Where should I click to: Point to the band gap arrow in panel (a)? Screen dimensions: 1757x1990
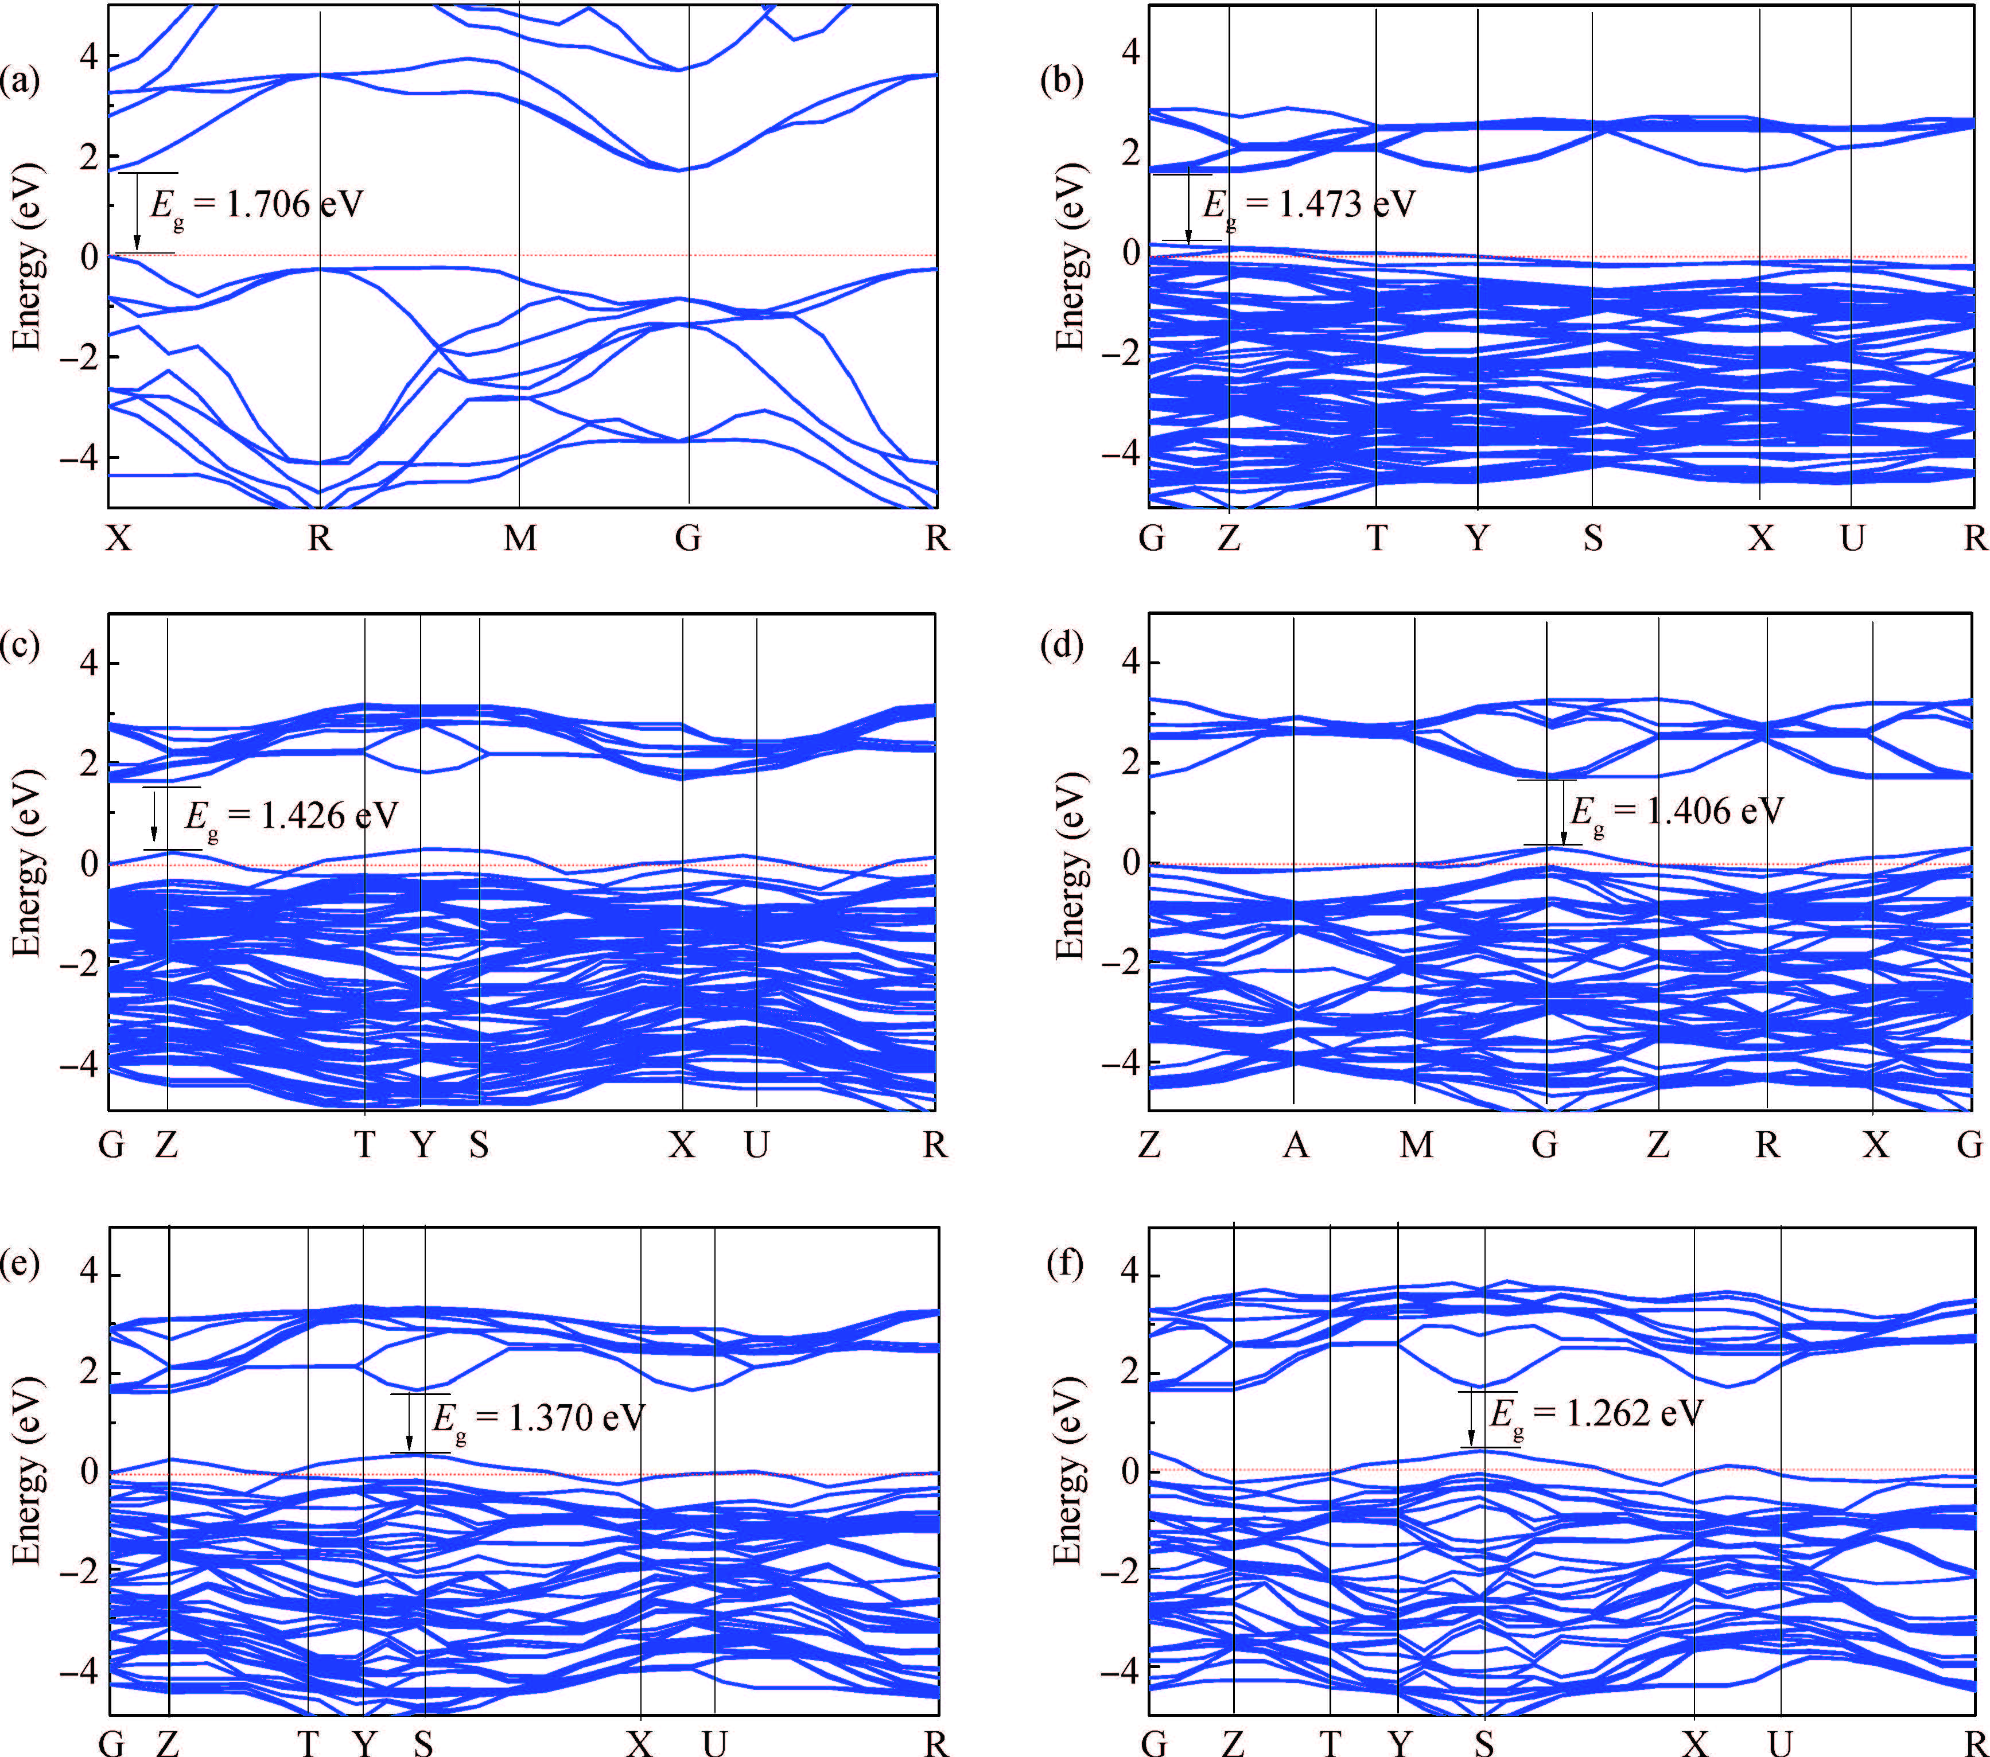pyautogui.click(x=137, y=212)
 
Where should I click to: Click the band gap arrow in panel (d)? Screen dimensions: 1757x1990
pyautogui.click(x=1564, y=813)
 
